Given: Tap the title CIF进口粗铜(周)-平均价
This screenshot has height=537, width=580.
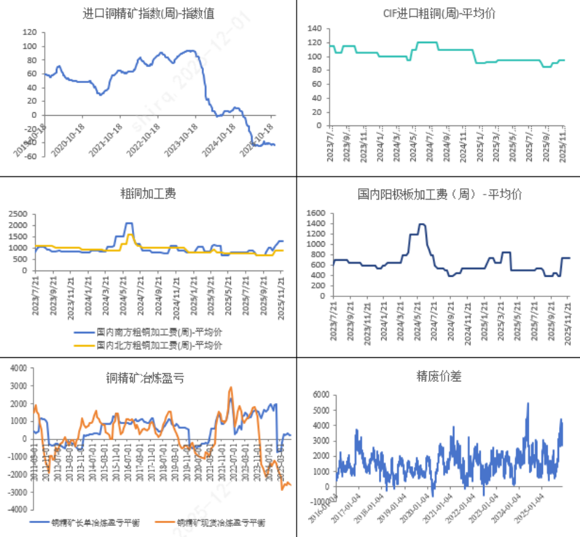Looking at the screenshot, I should point(437,13).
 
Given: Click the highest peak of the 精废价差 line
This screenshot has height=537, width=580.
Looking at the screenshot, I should point(528,403).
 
